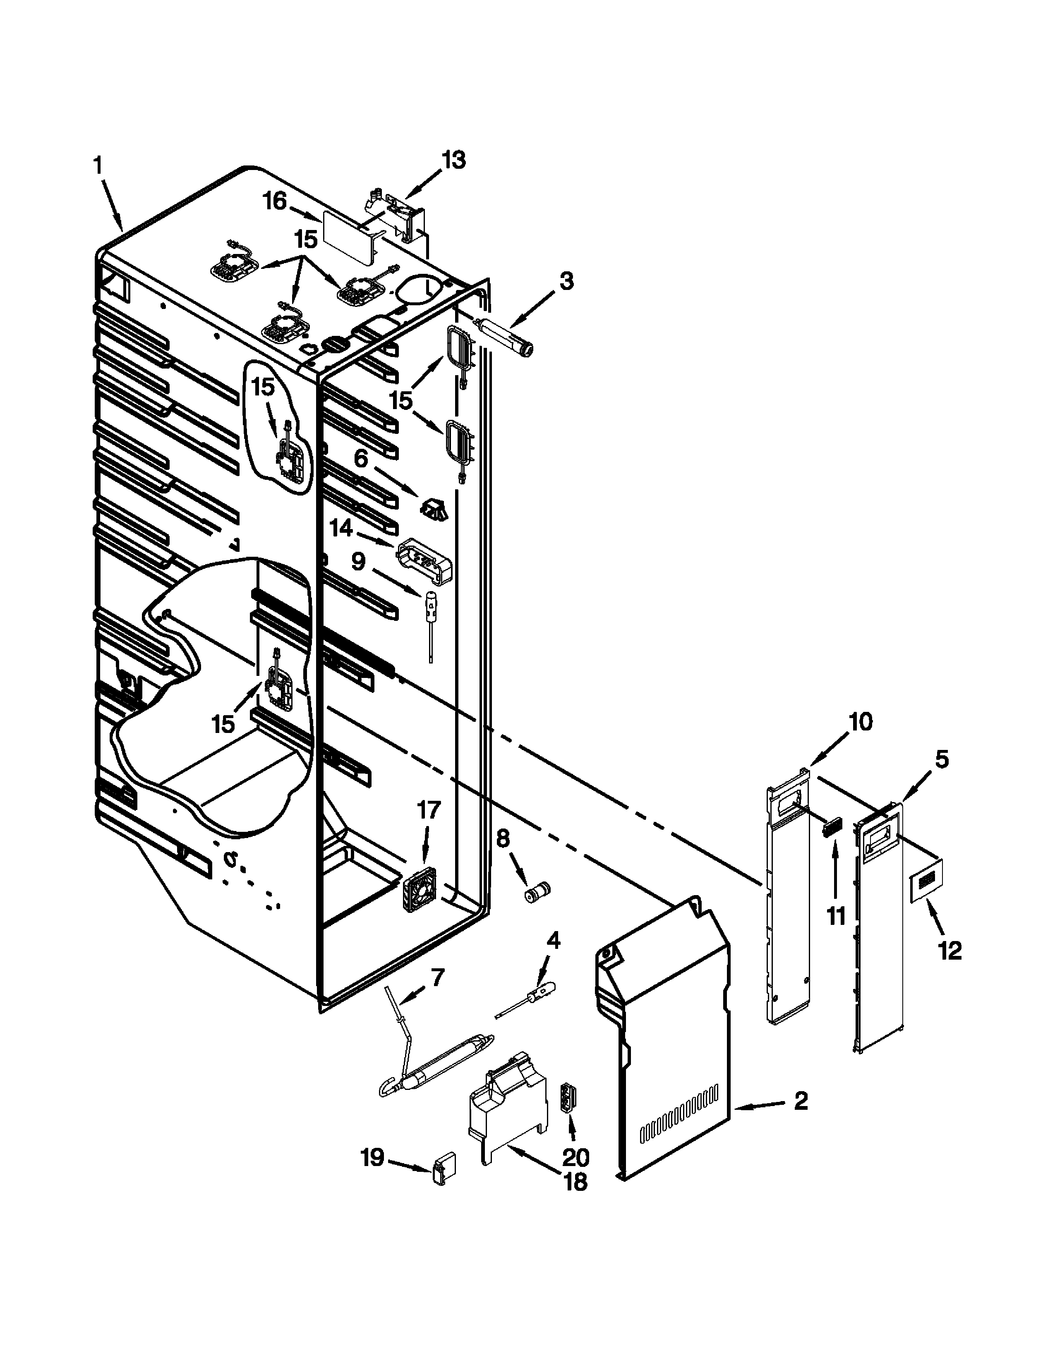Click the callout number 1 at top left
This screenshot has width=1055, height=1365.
coord(98,165)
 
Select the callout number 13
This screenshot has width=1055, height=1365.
coord(454,160)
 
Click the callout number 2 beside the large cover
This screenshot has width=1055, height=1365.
coord(800,1101)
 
